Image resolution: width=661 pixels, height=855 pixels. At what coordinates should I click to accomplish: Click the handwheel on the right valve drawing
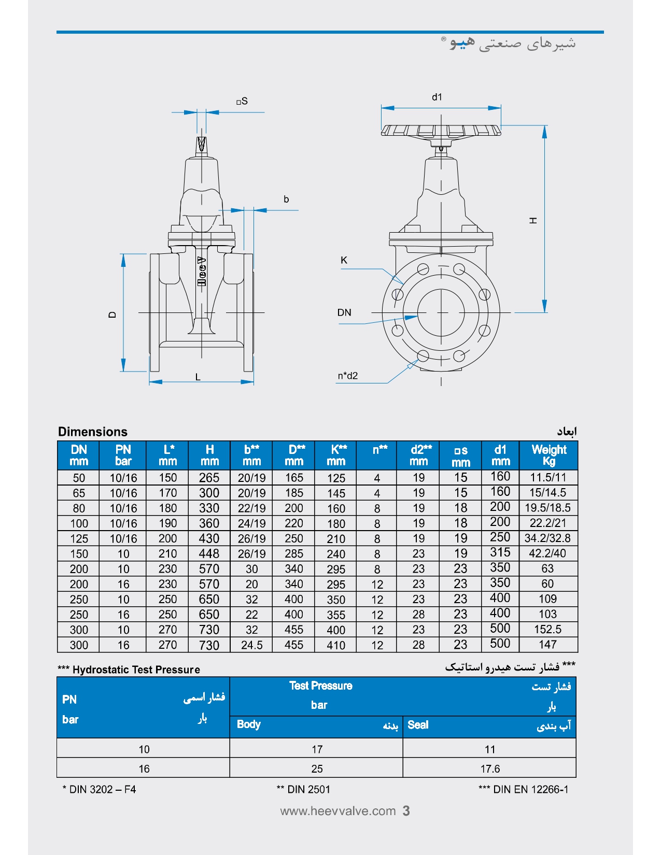[441, 130]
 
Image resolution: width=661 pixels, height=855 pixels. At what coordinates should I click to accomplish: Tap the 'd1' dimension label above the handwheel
[437, 97]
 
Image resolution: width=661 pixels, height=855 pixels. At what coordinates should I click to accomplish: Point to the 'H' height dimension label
[533, 221]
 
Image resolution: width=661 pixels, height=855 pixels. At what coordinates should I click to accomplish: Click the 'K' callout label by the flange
[344, 260]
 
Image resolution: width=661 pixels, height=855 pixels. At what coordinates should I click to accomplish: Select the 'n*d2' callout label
[348, 376]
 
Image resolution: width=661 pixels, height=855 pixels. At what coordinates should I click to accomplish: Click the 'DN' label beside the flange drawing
[344, 312]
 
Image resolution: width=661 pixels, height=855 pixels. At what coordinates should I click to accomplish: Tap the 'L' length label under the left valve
[198, 377]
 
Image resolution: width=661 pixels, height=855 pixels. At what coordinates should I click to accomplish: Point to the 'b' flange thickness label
[286, 199]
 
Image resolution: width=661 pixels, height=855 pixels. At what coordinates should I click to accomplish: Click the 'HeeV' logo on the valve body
[202, 271]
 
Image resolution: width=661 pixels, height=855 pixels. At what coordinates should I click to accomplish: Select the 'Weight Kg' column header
[549, 455]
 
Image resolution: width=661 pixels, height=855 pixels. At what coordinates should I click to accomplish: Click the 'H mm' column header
[209, 455]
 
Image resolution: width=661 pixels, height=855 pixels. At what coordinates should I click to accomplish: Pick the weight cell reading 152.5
[547, 630]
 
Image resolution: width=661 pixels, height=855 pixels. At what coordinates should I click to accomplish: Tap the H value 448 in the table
[209, 554]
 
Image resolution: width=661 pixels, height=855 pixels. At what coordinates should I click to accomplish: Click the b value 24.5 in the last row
[251, 645]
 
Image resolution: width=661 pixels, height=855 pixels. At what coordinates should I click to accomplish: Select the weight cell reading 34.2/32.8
[547, 538]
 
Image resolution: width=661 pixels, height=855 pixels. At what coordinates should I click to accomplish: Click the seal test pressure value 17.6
[490, 768]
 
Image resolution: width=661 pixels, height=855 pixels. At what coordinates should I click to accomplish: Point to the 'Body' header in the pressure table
[249, 724]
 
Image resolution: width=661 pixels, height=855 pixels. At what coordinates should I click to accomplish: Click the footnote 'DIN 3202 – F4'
[100, 790]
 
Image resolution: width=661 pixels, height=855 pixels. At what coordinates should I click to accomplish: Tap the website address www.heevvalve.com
[338, 811]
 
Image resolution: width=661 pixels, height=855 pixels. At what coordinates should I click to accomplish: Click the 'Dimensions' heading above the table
[93, 432]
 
